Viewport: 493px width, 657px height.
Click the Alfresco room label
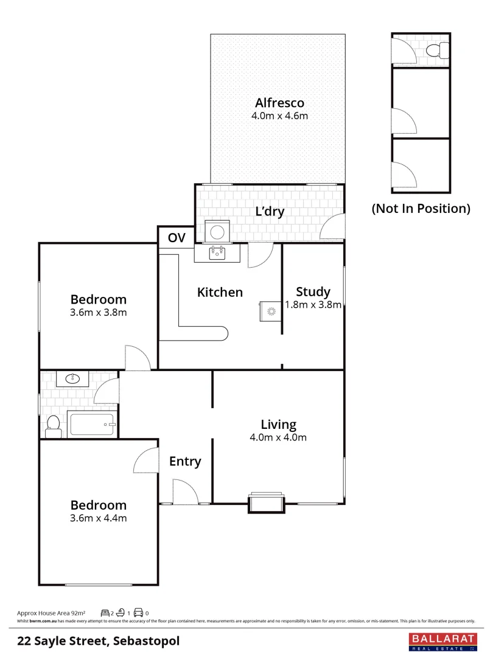pos(279,103)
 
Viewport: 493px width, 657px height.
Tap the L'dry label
pos(270,212)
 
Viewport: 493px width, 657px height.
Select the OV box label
pos(177,238)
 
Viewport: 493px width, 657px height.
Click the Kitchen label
pos(220,292)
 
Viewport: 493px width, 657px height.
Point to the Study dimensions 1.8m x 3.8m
pos(313,305)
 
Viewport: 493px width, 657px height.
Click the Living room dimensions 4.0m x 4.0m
pos(279,437)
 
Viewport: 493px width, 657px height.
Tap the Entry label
pos(185,462)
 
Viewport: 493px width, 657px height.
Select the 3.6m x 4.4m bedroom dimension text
pos(99,518)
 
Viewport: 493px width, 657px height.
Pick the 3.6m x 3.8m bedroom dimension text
pos(99,313)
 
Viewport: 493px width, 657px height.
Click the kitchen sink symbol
pos(217,252)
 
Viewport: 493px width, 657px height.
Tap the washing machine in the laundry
pos(217,231)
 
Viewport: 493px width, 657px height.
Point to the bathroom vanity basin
pos(72,380)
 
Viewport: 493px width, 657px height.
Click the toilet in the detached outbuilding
pos(437,50)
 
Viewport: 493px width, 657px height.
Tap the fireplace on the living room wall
pos(266,502)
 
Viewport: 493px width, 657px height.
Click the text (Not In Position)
pos(421,209)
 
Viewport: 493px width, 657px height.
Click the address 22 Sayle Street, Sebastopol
pos(98,641)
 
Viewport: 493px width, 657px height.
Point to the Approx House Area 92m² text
pos(51,613)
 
